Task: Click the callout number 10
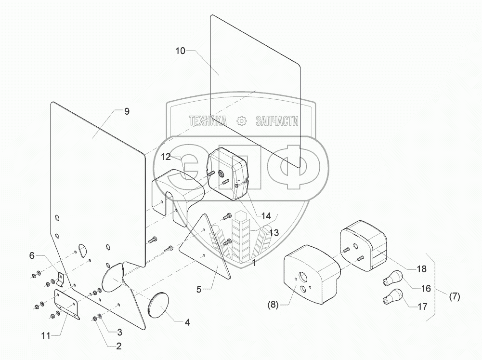click(x=179, y=51)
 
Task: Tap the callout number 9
click(x=127, y=111)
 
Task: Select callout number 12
click(x=165, y=157)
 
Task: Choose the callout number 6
click(x=32, y=256)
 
